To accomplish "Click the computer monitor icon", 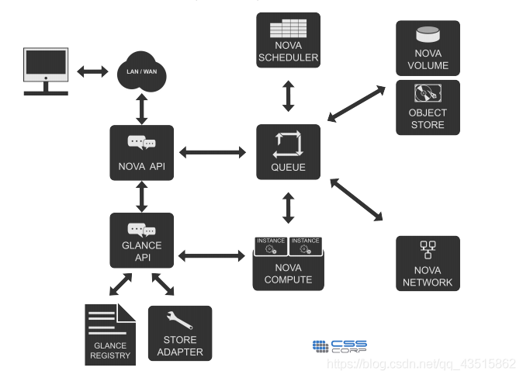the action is tap(46, 71).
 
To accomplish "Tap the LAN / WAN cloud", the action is tap(142, 71).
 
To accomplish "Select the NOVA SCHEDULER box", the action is tap(288, 40).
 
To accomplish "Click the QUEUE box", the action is tap(288, 152).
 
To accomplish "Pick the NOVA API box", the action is tap(142, 153).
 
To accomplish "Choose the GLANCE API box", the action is tap(142, 240).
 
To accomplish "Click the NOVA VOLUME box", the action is tap(428, 48).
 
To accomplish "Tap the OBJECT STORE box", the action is tap(428, 107).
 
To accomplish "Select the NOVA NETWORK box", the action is tap(428, 263).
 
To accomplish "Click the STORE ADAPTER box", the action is tap(180, 333).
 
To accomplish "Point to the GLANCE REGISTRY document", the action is tap(110, 335).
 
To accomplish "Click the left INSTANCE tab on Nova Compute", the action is tap(271, 246).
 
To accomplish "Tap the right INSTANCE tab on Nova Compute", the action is tap(306, 246).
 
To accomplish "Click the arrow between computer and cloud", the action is tap(92, 71).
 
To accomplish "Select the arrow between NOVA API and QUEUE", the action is tap(213, 152).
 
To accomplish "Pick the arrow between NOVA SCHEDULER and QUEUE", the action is tap(288, 96).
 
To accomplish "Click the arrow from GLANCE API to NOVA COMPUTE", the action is tap(212, 256).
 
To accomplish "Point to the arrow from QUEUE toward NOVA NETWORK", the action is tap(356, 199).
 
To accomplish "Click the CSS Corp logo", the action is tap(340, 346).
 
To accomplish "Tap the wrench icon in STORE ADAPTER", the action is tap(179, 321).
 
